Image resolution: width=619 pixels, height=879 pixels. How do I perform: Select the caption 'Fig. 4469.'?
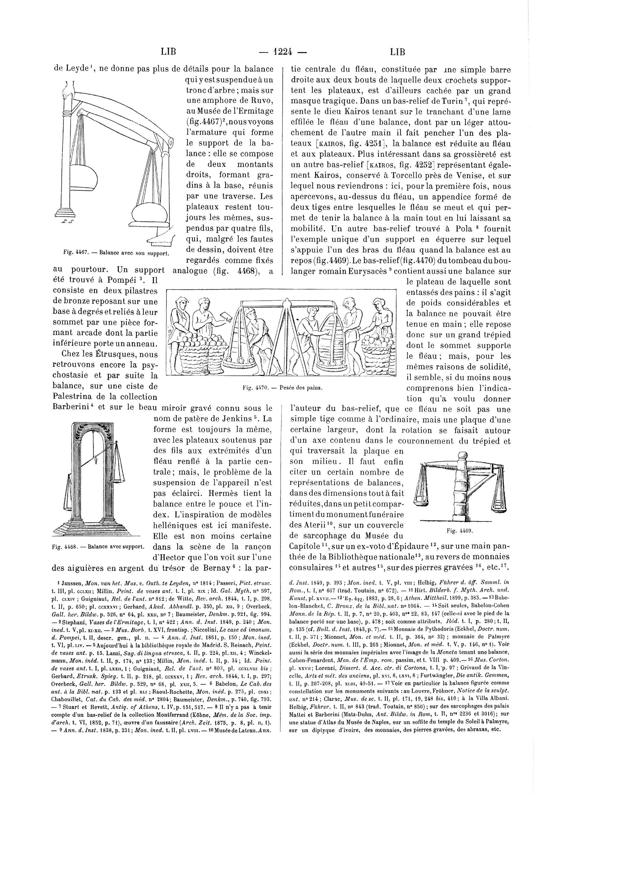pos(460,531)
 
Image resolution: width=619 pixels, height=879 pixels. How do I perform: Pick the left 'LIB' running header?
pos(168,52)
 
